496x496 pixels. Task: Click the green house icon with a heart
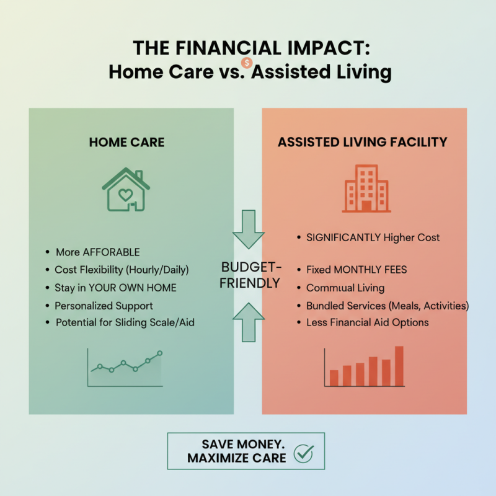point(126,190)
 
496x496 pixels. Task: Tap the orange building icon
point(366,189)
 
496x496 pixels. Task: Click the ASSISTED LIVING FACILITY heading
point(362,142)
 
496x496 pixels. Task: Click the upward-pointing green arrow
point(248,321)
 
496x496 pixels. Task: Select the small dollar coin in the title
point(247,62)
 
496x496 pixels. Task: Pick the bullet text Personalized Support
point(104,306)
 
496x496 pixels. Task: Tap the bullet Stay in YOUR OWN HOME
point(115,288)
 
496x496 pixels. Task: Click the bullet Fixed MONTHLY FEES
point(356,270)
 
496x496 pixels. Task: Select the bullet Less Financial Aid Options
point(367,322)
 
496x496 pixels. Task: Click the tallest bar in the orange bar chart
point(399,366)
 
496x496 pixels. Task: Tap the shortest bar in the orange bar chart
point(334,378)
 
